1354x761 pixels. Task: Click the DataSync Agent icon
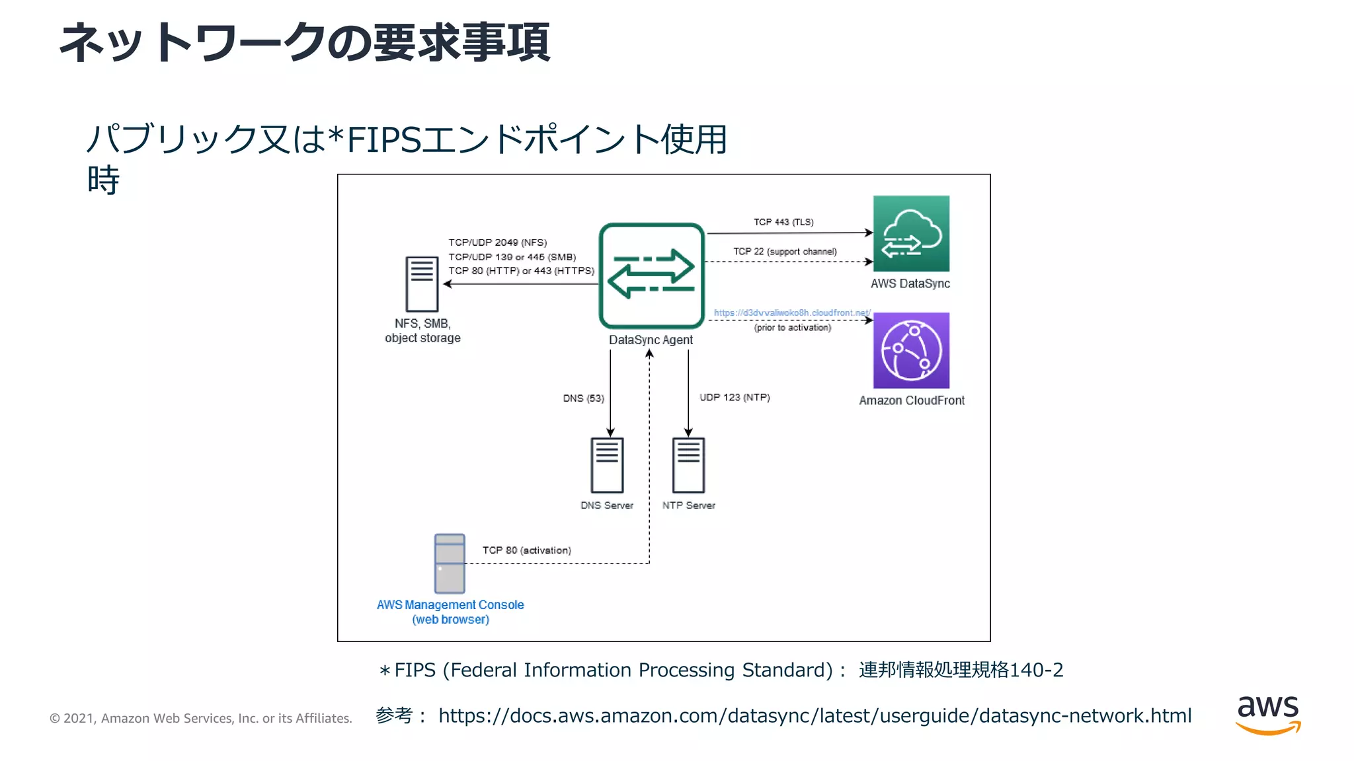(651, 275)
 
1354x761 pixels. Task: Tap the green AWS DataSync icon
(911, 234)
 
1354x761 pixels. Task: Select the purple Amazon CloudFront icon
(911, 351)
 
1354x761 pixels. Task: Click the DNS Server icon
(607, 465)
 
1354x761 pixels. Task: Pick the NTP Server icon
(688, 465)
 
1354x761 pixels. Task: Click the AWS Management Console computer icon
(450, 563)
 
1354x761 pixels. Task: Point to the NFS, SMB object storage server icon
(422, 284)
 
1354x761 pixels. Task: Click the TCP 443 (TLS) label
(783, 222)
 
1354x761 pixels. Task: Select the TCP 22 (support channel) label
(785, 252)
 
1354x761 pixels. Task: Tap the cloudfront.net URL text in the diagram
(792, 312)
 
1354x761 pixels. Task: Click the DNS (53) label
(583, 398)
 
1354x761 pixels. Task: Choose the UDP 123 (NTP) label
(735, 397)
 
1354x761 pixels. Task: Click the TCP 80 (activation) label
(526, 550)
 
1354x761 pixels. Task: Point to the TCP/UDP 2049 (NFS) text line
(498, 242)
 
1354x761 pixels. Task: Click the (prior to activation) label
(792, 328)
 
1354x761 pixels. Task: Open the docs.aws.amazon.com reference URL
(815, 715)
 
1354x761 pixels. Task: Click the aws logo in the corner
(1267, 715)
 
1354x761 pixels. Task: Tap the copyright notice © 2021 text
(201, 718)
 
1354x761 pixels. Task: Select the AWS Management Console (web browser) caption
(450, 612)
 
